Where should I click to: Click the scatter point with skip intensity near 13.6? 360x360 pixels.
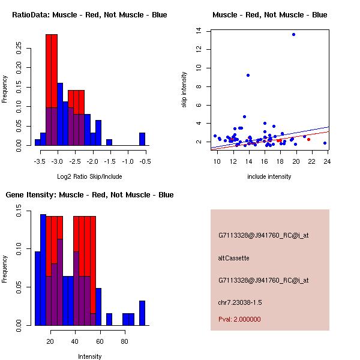(x=293, y=34)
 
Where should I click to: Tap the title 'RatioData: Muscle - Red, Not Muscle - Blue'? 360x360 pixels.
(x=89, y=14)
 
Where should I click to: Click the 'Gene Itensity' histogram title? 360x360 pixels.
(x=89, y=195)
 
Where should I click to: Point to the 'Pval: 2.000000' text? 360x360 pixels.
(x=239, y=319)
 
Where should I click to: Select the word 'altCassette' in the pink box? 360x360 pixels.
(x=233, y=258)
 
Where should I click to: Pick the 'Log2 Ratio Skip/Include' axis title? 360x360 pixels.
(x=89, y=176)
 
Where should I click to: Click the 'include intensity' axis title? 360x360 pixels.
(x=269, y=176)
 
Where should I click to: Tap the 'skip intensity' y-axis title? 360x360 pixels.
(x=184, y=90)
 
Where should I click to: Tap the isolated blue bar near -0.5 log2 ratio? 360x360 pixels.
(x=142, y=139)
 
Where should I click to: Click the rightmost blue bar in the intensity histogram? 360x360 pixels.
(x=142, y=313)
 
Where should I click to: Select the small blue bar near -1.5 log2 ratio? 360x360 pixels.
(x=109, y=142)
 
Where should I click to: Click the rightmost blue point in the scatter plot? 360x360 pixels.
(x=325, y=143)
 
